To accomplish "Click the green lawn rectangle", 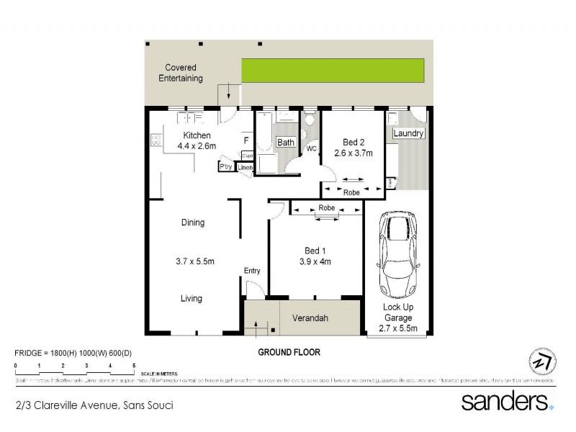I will click(x=332, y=71).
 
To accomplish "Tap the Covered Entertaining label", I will click(x=181, y=73).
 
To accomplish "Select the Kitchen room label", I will click(x=197, y=135).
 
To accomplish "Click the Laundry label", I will click(x=408, y=134).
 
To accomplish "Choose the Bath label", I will click(x=287, y=143).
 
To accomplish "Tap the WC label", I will click(x=312, y=149).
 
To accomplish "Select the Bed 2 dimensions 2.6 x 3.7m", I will click(x=352, y=153).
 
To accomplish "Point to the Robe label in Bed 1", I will click(x=326, y=208).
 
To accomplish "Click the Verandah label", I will click(x=310, y=318).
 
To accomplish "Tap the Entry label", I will click(x=252, y=271).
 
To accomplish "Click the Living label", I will click(x=192, y=298).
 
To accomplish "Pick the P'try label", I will click(x=226, y=167).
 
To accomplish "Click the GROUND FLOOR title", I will click(x=289, y=353).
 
